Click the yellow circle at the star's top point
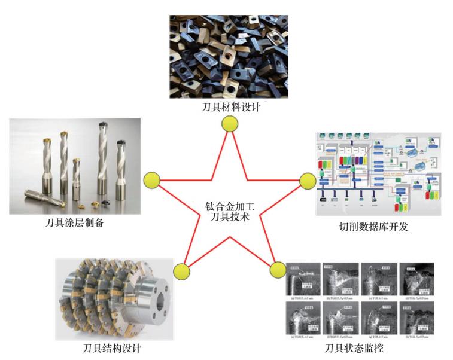click(x=229, y=124)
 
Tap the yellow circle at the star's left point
click(x=152, y=179)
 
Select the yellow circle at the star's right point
click(x=307, y=181)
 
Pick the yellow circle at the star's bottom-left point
click(x=181, y=271)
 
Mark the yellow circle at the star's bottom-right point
click(x=278, y=270)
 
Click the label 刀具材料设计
click(x=230, y=108)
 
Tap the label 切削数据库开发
click(x=373, y=227)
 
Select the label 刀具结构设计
click(x=113, y=349)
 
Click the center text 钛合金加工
click(x=230, y=208)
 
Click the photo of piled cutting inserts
click(x=229, y=57)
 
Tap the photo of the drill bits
click(x=75, y=166)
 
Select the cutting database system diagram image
click(x=378, y=174)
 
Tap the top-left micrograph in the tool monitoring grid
click(x=302, y=279)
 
